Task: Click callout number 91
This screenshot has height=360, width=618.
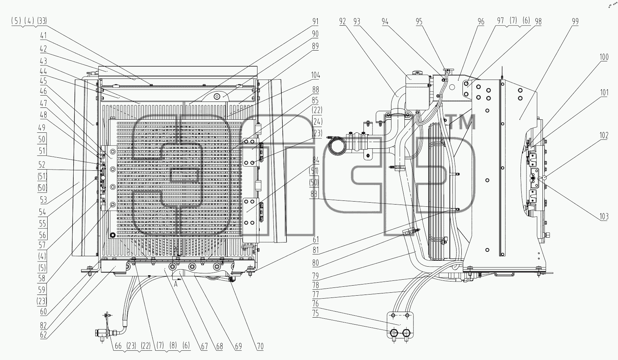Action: click(316, 22)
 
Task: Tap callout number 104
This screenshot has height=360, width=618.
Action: click(316, 75)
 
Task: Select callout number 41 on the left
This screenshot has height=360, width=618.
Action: click(43, 36)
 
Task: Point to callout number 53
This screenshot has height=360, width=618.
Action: click(43, 199)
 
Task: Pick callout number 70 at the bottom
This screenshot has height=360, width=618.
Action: click(260, 347)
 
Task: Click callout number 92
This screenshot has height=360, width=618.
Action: click(342, 22)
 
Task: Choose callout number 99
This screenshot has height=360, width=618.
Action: click(575, 22)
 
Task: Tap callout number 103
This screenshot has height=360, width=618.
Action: click(604, 216)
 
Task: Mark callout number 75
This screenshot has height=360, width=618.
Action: click(316, 314)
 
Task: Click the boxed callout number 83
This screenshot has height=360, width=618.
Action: click(314, 194)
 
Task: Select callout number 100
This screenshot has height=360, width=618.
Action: click(604, 57)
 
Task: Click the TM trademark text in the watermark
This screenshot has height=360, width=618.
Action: click(462, 122)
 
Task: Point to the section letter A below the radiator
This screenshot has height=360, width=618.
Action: click(176, 284)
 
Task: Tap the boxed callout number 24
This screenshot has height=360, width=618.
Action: click(317, 122)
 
